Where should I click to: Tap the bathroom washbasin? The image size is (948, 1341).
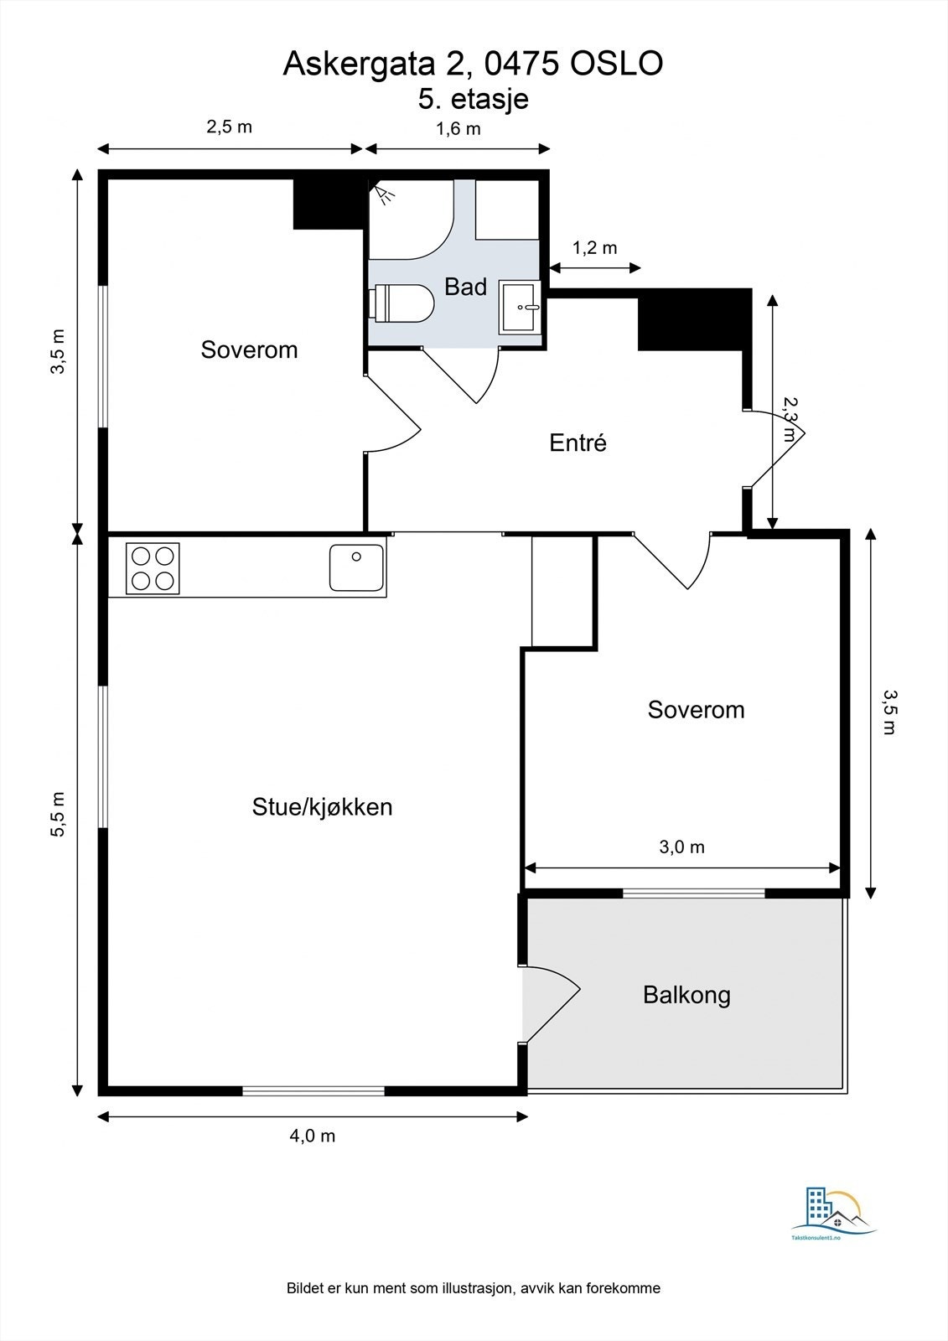(x=521, y=307)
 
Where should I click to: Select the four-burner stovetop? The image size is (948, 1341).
(x=153, y=568)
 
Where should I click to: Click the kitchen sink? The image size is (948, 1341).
(x=356, y=567)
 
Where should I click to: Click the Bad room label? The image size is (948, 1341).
(x=465, y=287)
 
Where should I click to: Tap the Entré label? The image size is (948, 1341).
(x=578, y=443)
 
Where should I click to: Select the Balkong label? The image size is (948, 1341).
(x=686, y=996)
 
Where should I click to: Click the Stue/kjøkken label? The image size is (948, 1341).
(x=322, y=807)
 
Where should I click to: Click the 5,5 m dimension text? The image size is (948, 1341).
(x=58, y=814)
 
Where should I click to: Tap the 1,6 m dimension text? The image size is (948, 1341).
(x=458, y=129)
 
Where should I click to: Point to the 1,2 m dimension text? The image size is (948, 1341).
(x=594, y=247)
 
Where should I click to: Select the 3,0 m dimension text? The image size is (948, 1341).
(x=681, y=847)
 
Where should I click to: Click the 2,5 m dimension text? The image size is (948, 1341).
(x=230, y=127)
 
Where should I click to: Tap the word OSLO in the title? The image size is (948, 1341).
(x=616, y=63)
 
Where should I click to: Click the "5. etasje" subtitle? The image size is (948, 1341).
(x=473, y=99)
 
